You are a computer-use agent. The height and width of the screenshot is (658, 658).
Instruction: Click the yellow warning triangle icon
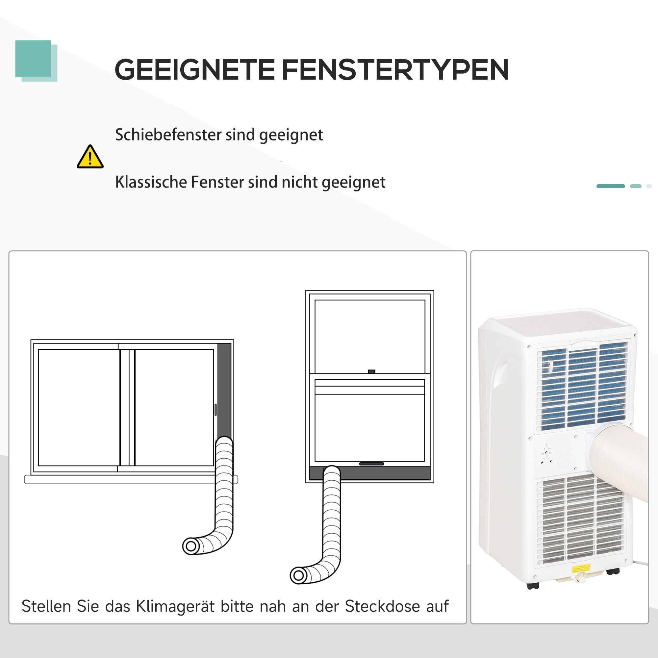coord(90,157)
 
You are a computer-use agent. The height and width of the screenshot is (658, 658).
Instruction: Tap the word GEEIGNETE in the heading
coord(194,70)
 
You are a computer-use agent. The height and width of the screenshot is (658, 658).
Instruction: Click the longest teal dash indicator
coord(610,186)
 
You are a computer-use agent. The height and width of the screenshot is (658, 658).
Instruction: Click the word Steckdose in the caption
coord(383,606)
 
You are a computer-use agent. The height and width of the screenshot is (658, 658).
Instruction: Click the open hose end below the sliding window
coord(191,546)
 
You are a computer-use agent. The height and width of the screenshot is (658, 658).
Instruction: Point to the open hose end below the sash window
coord(299,575)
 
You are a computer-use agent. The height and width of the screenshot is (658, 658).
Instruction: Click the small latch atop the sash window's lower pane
coord(371,371)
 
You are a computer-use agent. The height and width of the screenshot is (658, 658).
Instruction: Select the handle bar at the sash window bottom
coord(371,464)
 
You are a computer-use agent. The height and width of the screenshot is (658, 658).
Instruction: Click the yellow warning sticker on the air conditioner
coord(581,569)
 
